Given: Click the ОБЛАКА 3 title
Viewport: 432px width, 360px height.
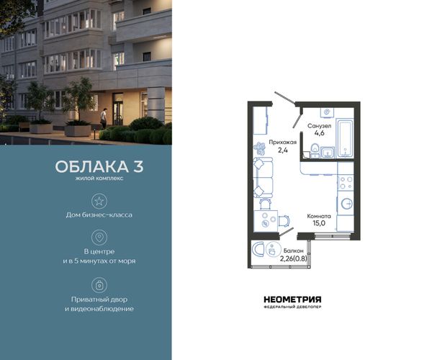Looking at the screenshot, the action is (99, 166).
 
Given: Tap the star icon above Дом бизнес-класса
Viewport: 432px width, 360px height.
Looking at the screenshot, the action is (99, 201).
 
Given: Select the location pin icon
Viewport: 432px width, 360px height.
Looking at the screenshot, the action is (99, 238).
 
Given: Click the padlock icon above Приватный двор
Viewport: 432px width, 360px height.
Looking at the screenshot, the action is (99, 285).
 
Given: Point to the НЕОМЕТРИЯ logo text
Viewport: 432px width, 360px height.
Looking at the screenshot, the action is (292, 300).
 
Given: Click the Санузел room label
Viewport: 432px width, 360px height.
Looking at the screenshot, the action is (319, 126).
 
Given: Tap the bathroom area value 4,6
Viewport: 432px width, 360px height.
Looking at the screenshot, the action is (319, 133).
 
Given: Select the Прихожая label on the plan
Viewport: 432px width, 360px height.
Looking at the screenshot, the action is (283, 143).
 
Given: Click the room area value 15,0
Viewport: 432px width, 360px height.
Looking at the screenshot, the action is (319, 223).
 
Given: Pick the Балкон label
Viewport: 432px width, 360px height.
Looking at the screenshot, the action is (294, 251).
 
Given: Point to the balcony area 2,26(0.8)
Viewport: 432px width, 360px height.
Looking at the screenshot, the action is (294, 258).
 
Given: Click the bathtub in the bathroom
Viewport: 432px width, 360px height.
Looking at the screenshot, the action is (345, 138).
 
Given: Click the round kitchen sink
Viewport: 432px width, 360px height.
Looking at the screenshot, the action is (346, 204).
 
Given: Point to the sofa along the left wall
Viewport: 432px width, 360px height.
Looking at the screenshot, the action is (263, 178).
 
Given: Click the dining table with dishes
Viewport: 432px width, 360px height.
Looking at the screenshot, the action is (266, 221).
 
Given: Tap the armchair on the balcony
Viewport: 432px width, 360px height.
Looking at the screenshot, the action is (258, 250).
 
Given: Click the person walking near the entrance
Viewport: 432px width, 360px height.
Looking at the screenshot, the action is (103, 118).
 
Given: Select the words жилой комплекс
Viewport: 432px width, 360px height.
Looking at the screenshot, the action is (99, 179).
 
